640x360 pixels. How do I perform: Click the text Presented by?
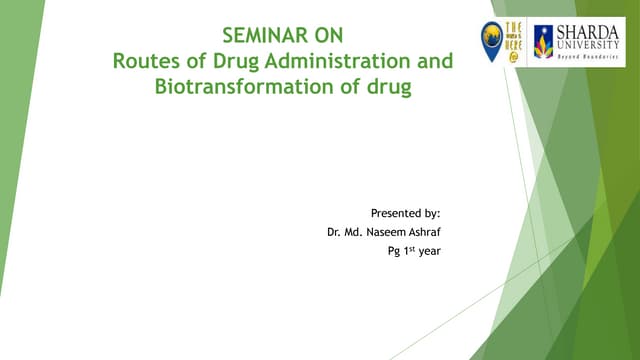(405, 213)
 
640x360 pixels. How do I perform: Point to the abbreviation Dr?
(334, 232)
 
